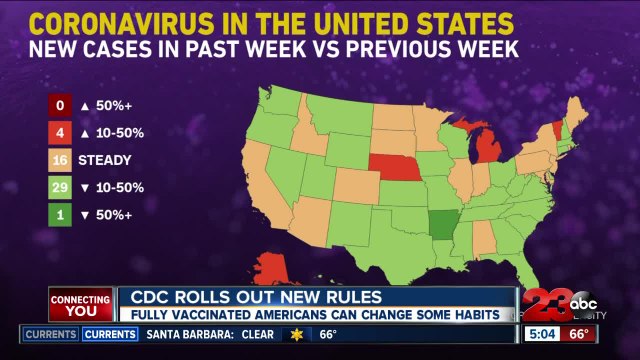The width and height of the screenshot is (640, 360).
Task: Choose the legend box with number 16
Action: (x=61, y=160)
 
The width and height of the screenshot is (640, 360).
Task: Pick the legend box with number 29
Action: (x=61, y=187)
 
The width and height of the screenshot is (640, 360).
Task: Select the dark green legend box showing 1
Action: (x=61, y=214)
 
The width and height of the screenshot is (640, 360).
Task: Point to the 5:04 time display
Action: (x=544, y=334)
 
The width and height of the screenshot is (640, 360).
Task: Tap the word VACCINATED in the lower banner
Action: (x=214, y=314)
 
